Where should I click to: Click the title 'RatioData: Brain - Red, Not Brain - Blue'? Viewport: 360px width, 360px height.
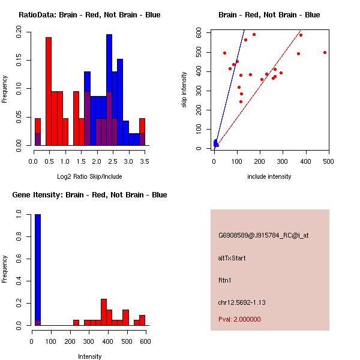(x=89, y=15)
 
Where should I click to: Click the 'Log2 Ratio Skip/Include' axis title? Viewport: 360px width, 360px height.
(x=89, y=176)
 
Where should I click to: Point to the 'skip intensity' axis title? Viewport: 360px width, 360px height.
(x=184, y=89)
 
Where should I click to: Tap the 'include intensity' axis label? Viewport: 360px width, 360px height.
(x=269, y=176)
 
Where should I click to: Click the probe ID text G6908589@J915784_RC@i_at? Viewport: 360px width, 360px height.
(x=263, y=236)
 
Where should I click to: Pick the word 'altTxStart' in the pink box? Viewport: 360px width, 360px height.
(x=232, y=258)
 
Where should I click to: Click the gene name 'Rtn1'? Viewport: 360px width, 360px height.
(x=224, y=280)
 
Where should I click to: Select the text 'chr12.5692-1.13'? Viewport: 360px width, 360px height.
(x=242, y=302)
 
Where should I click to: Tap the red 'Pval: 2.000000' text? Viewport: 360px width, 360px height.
(x=239, y=319)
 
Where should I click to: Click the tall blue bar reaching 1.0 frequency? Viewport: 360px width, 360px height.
(x=38, y=270)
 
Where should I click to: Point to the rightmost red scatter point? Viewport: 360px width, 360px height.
(x=325, y=53)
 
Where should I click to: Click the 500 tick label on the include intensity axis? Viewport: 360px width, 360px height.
(x=328, y=161)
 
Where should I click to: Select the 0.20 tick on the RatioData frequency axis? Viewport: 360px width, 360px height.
(x=19, y=32)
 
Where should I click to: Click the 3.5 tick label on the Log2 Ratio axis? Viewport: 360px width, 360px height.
(x=145, y=161)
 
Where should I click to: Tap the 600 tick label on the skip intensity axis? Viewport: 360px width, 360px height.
(x=199, y=32)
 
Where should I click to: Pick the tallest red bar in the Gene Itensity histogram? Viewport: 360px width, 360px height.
(x=104, y=312)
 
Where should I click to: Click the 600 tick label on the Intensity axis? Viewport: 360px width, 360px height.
(x=145, y=341)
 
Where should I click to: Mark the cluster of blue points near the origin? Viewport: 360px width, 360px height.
(x=215, y=143)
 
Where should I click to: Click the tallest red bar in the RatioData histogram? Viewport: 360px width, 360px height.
(x=49, y=91)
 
